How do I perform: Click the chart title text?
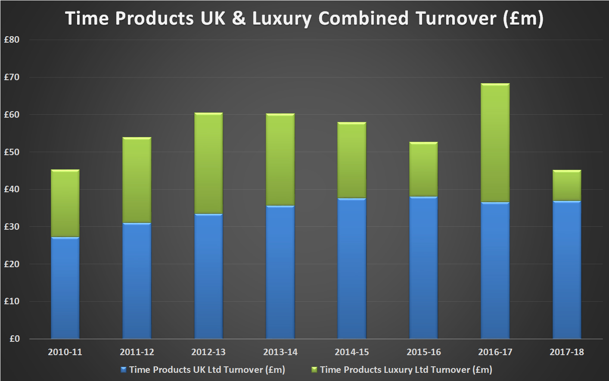tap(304, 19)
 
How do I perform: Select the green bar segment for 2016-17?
tap(495, 143)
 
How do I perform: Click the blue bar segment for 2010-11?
tap(65, 287)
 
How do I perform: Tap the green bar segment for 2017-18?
tap(566, 185)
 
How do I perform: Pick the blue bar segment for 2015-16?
tap(423, 267)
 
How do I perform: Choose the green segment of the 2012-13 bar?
tap(208, 163)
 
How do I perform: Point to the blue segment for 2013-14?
tap(280, 272)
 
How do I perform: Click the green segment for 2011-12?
tap(137, 180)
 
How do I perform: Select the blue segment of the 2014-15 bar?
tap(352, 268)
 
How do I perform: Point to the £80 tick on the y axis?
tap(12, 40)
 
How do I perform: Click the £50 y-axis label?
tap(12, 152)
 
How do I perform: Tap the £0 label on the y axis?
tap(14, 339)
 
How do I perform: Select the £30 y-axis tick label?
tap(12, 226)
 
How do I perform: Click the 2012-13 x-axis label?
tap(208, 352)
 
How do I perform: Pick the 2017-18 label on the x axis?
tap(566, 352)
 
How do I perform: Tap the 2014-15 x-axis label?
tap(352, 352)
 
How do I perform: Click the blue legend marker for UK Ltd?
tap(124, 370)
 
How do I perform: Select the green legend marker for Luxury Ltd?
tap(314, 370)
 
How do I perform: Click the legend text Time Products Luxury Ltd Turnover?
tap(406, 370)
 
